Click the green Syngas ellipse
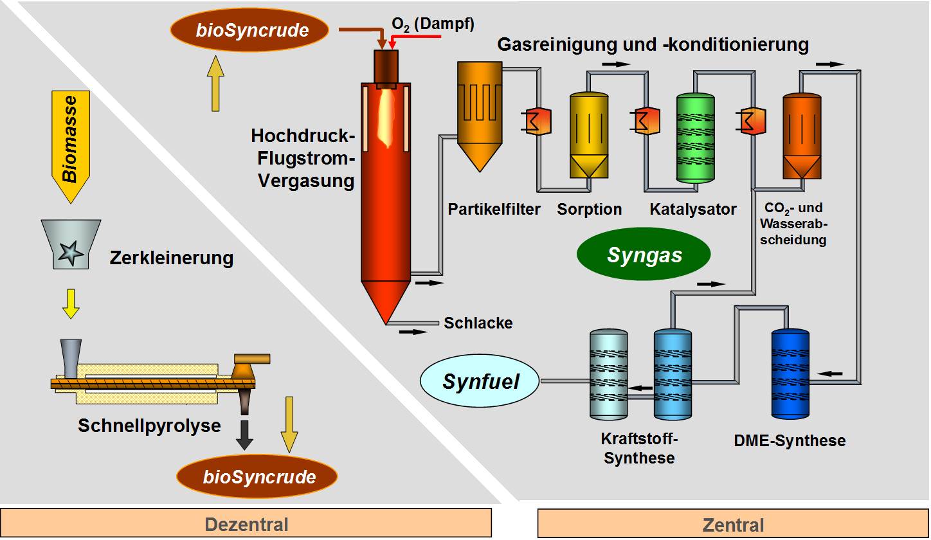644,255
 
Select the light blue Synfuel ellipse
480,381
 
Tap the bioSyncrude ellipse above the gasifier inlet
249,30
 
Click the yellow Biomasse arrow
70,145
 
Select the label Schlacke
478,323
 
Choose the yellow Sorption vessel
589,135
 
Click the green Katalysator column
696,138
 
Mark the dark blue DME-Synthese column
790,374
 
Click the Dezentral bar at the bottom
246,524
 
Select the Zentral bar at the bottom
733,524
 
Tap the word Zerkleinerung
171,258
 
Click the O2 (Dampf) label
433,24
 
